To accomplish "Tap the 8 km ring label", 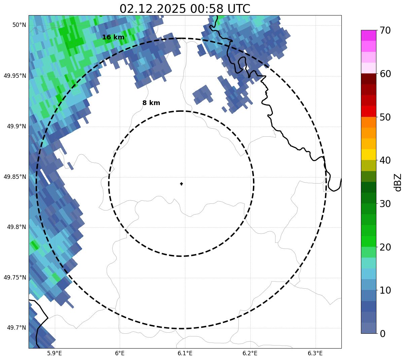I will [x=151, y=103].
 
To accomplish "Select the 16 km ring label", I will [x=113, y=37].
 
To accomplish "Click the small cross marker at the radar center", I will [x=182, y=184].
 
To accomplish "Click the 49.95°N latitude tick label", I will [x=15, y=76].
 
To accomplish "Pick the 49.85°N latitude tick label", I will [x=15, y=177].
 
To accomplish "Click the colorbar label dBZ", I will [x=398, y=182].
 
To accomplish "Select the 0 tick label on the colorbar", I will [x=382, y=334].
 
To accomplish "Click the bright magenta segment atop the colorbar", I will [x=368, y=35].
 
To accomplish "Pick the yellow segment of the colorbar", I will [x=368, y=155].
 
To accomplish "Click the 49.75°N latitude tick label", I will [x=15, y=277].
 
